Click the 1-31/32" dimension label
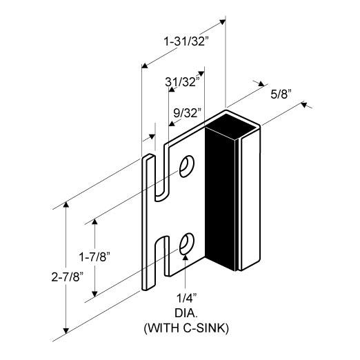coord(186,42)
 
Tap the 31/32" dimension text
coord(182,81)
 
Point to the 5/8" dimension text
coord(281,94)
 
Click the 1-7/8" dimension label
coord(94,257)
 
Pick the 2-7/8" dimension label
coord(67,277)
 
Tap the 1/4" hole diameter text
coord(187,298)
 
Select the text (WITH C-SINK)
coord(186,328)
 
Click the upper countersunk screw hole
coord(187,166)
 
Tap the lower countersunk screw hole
coord(187,243)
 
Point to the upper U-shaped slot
coord(160,174)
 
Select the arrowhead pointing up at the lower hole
coord(186,257)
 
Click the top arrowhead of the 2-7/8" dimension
coord(66,205)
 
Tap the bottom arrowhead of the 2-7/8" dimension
coord(66,330)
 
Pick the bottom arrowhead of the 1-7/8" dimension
coord(94,294)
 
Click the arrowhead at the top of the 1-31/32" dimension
coord(222,22)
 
